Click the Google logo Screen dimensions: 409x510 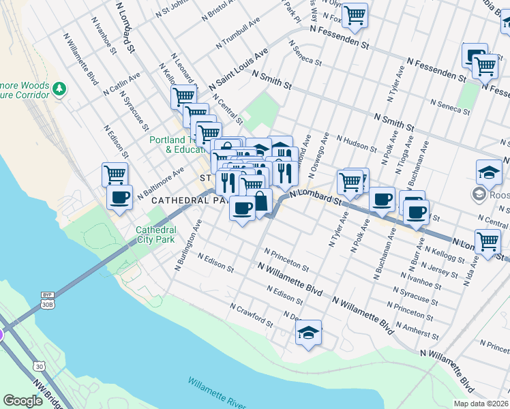(22, 402)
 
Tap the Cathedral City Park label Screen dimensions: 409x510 (155, 234)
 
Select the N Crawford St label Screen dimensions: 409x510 (251, 315)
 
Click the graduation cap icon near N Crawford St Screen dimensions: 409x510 (309, 333)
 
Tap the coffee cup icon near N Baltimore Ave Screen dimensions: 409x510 (120, 198)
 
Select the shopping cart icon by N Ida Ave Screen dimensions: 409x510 (487, 241)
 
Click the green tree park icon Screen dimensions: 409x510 (60, 88)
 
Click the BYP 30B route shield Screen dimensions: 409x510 (47, 299)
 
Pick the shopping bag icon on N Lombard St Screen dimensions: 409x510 (260, 201)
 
